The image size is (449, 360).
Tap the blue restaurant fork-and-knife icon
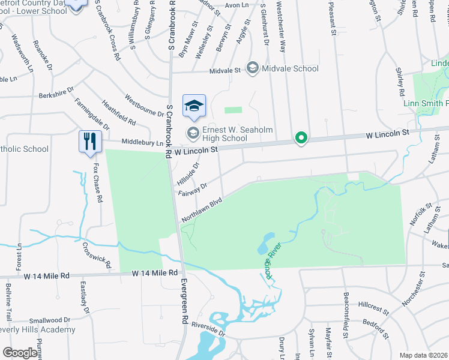[88, 142]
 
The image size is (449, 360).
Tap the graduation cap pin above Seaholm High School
[194, 106]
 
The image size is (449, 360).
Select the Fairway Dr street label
[193, 189]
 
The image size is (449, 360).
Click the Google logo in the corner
[19, 353]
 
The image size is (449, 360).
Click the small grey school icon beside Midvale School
[253, 68]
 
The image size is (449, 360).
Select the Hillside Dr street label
[188, 173]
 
